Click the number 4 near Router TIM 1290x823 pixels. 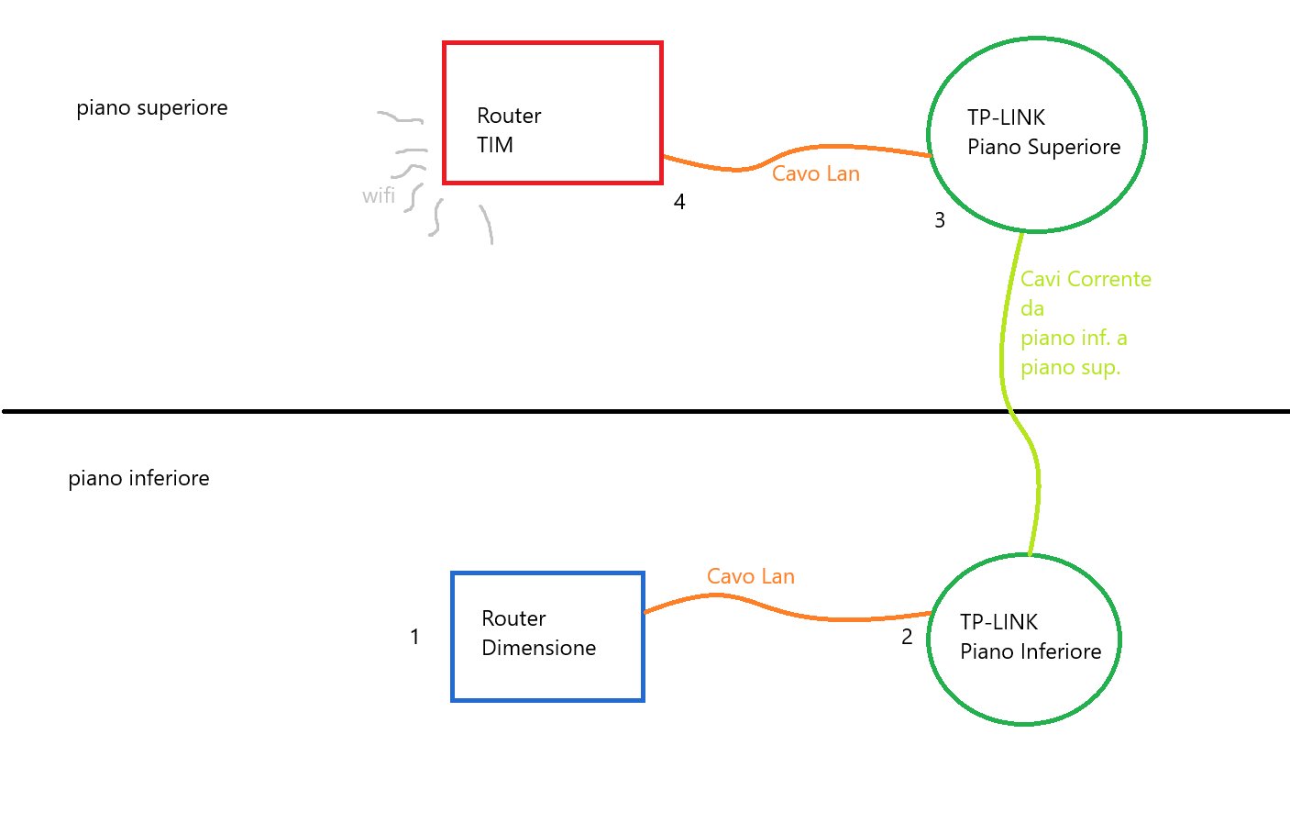679,202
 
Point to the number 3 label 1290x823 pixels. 940,220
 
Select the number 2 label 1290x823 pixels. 907,637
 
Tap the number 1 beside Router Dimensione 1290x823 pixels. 414,637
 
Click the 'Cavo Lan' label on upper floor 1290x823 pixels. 816,173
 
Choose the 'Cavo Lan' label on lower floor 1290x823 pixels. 751,576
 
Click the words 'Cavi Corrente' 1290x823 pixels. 1086,279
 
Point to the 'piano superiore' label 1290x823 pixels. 152,107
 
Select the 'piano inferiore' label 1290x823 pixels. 138,478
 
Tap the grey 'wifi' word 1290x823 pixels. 379,195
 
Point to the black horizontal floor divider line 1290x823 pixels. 550,411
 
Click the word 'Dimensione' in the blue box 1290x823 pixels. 539,648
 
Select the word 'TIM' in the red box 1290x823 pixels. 495,145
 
